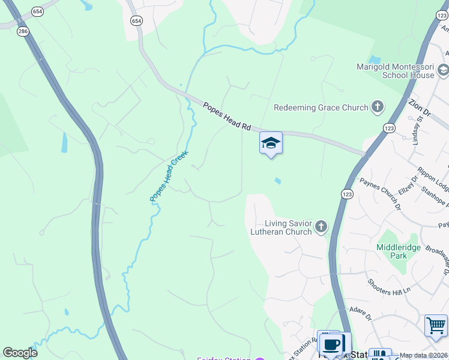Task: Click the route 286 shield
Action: point(23,30)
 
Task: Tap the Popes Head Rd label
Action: point(226,116)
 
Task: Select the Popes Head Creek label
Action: point(169,175)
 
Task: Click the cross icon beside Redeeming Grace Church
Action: point(378,107)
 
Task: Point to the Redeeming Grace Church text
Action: point(321,107)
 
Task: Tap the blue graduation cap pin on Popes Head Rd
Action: point(271,143)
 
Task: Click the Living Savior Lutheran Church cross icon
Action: point(322,226)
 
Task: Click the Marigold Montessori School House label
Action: point(395,71)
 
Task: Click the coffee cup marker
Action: point(331,344)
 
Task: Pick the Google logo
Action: point(20,353)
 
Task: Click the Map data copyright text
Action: point(423,355)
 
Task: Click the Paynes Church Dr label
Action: point(381,194)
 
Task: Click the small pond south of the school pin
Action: point(277,181)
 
